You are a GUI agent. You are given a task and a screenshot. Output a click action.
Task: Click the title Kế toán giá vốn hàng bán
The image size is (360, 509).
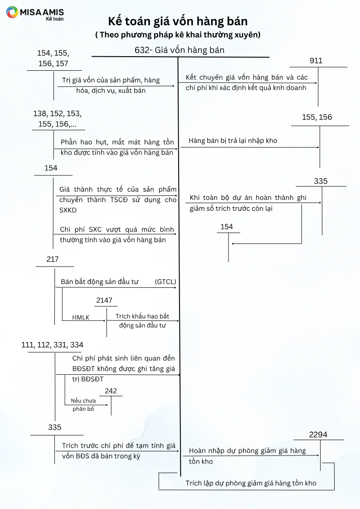178,21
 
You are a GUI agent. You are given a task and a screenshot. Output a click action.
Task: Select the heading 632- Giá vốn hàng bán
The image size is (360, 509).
180,50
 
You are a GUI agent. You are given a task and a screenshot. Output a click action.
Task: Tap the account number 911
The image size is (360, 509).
316,61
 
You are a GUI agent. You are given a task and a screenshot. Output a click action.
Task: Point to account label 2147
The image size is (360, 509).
104,301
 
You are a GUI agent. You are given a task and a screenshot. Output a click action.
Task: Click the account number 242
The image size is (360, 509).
111,391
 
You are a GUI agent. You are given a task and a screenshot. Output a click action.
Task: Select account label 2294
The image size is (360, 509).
318,435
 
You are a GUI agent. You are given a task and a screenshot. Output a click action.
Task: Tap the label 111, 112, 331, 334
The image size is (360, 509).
52,345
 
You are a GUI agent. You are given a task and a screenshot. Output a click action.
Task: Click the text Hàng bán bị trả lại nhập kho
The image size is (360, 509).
233,141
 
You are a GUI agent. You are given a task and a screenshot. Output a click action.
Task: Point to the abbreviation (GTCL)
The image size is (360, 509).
165,282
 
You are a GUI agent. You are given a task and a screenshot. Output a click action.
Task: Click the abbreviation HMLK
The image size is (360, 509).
81,317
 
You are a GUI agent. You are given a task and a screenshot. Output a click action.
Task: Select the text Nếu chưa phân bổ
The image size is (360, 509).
83,405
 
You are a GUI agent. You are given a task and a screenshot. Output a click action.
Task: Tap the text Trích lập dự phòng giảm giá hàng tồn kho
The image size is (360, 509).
251,483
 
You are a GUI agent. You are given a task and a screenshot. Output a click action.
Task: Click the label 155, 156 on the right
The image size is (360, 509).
317,117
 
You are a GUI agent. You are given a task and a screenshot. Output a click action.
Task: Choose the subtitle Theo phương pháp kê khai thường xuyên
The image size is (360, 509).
178,34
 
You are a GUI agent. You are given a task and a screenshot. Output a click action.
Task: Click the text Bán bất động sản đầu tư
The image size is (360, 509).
99,282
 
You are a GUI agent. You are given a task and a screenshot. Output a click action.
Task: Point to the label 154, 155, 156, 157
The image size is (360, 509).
53,58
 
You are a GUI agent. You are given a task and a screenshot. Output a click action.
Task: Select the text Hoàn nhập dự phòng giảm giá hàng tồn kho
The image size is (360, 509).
247,456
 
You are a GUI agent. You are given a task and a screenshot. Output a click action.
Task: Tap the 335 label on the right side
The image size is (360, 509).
321,181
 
